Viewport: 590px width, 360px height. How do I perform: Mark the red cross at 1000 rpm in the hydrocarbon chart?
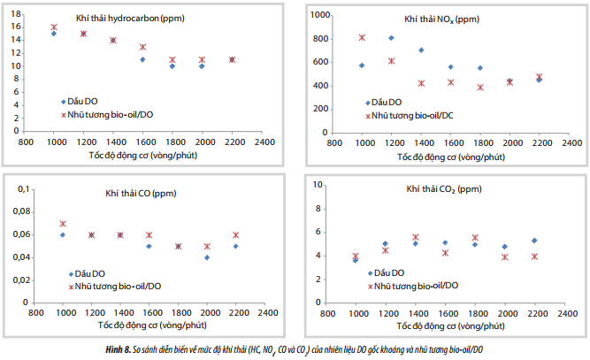coord(54,27)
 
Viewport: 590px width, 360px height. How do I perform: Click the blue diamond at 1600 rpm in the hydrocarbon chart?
coord(142,59)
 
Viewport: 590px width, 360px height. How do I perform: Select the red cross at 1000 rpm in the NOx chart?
coord(362,37)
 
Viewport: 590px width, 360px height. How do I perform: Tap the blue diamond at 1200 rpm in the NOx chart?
coord(391,37)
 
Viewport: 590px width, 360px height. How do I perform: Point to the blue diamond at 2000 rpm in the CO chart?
coord(206,257)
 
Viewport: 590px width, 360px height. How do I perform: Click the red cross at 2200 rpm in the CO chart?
coord(236,235)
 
